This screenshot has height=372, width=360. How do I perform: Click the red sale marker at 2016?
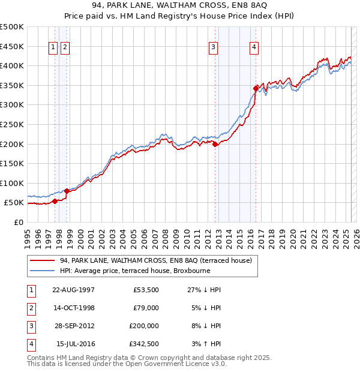coord(256,88)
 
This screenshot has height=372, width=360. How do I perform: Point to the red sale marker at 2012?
coord(215,143)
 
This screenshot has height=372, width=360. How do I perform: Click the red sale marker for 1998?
coord(67,191)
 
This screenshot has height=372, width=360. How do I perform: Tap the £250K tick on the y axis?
coord(12,124)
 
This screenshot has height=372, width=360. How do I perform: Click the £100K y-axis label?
coord(12,183)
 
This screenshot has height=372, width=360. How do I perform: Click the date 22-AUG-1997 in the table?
coord(73,289)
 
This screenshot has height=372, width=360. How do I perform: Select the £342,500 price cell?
coord(144,344)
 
